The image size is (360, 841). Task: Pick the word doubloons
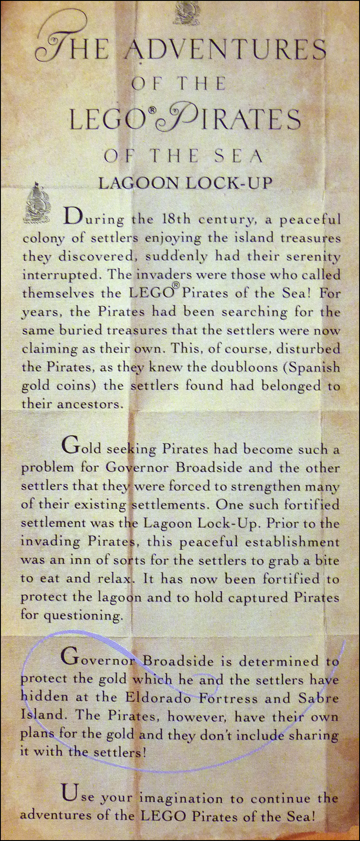[x=234, y=367]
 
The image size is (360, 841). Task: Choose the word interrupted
[x=58, y=275]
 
